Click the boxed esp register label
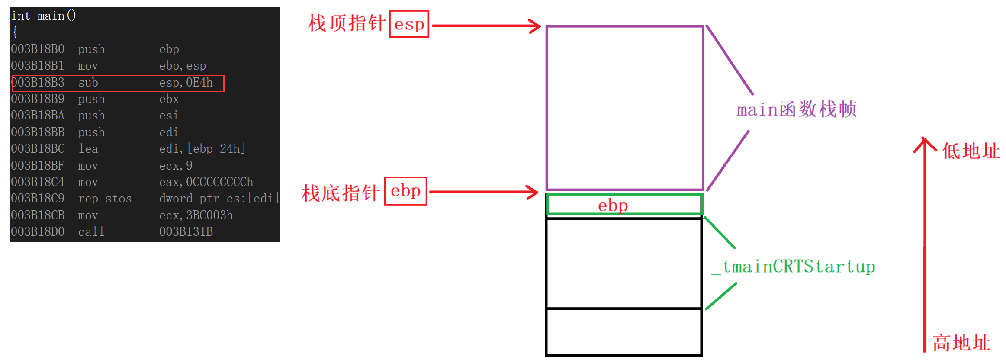click(x=409, y=24)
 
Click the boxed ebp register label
click(x=405, y=191)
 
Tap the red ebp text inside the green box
click(x=613, y=205)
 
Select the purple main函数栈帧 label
click(x=796, y=109)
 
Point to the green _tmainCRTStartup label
click(x=794, y=267)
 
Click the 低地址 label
click(x=971, y=151)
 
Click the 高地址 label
click(x=961, y=343)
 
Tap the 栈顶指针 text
click(x=347, y=23)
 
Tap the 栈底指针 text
click(x=341, y=193)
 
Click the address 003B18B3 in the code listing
click(x=38, y=83)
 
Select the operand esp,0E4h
click(x=186, y=83)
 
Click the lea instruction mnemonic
click(x=88, y=149)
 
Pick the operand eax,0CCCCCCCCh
click(x=206, y=182)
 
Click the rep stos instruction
click(x=105, y=199)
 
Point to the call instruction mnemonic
click(x=91, y=232)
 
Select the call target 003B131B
click(x=186, y=232)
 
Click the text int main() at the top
click(x=43, y=16)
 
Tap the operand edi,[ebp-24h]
click(x=202, y=149)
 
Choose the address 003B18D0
click(x=38, y=232)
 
